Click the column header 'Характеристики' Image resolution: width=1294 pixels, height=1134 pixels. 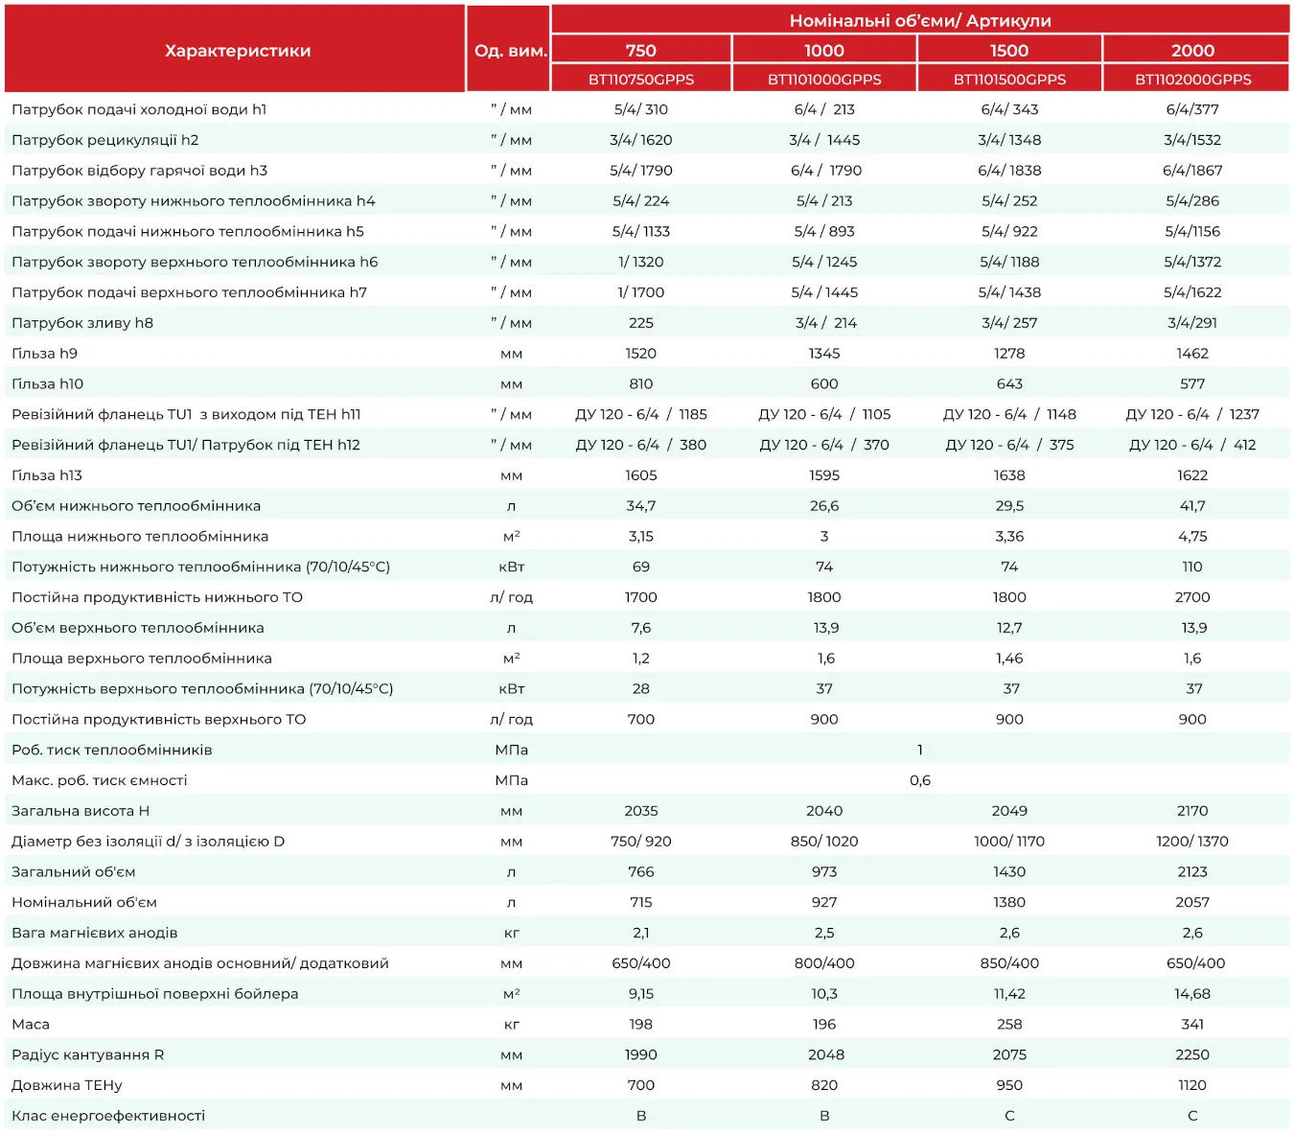click(x=237, y=51)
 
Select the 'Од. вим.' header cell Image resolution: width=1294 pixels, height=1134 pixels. click(x=510, y=51)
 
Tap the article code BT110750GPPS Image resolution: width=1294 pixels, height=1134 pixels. click(x=640, y=80)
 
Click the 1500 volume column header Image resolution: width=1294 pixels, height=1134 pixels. click(x=1008, y=50)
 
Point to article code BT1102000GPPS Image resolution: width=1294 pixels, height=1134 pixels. click(x=1192, y=80)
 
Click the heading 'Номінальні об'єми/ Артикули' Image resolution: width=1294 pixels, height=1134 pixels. click(x=920, y=20)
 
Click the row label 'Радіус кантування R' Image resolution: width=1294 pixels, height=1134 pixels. click(x=87, y=1054)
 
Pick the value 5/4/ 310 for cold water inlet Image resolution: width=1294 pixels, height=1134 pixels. click(x=640, y=109)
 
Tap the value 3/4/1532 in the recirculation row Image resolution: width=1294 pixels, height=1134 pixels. click(x=1191, y=139)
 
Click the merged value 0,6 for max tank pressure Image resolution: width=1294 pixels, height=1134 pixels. click(x=920, y=780)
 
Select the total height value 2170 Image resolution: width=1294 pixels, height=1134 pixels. click(x=1191, y=810)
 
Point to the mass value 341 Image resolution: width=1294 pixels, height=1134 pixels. click(x=1191, y=1024)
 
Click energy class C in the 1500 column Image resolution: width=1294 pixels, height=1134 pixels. click(x=1009, y=1115)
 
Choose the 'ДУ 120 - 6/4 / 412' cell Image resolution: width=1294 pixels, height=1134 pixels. click(x=1191, y=445)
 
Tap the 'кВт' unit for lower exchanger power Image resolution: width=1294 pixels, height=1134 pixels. click(x=511, y=567)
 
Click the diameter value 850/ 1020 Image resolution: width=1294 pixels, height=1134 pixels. click(x=824, y=841)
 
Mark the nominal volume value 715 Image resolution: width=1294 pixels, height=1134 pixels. click(x=640, y=901)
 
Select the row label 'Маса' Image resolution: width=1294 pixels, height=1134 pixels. click(x=31, y=1024)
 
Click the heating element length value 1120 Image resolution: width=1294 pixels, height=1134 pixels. click(x=1191, y=1085)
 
